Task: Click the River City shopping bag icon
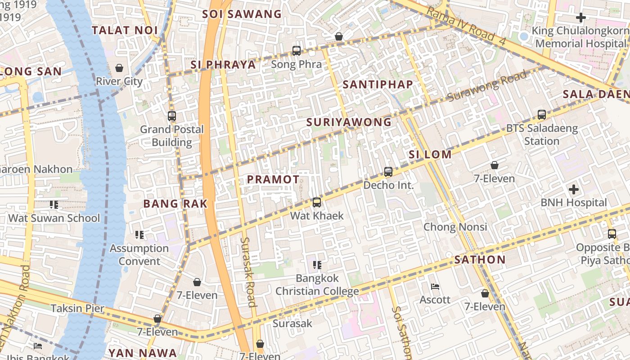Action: tap(119, 68)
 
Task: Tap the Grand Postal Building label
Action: tap(171, 136)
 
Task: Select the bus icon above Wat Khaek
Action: tap(317, 202)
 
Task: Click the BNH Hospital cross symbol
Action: tap(574, 189)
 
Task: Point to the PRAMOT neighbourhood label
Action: tap(273, 179)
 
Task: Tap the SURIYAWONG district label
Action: tap(349, 122)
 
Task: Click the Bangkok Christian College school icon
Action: tap(317, 265)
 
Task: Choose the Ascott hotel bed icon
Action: tap(435, 286)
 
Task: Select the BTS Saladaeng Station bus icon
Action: tap(542, 115)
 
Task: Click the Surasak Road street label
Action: tap(248, 272)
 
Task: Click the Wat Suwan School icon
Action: tap(54, 205)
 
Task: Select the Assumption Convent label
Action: tap(139, 255)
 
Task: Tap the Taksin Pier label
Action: tap(77, 308)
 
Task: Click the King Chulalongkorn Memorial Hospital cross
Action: tap(581, 18)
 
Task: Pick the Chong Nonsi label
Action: tap(455, 226)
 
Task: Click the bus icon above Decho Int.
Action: tap(388, 172)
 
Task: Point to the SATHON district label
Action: tap(480, 260)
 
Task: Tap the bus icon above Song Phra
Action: tap(297, 51)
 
